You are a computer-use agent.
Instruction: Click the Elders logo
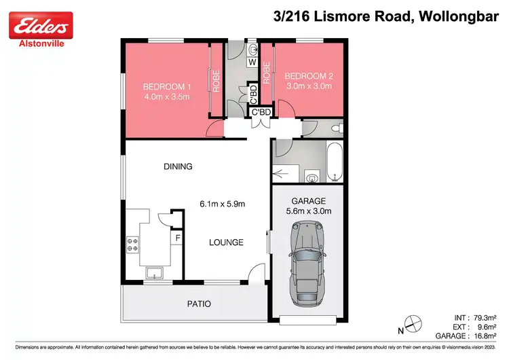[40, 26]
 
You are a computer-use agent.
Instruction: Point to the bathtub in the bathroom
[334, 162]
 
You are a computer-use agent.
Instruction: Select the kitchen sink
[155, 273]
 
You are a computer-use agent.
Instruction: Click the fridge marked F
[178, 238]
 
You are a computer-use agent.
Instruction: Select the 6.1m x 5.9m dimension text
[221, 204]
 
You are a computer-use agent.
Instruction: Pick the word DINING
[178, 166]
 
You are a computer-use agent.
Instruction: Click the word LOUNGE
[226, 241]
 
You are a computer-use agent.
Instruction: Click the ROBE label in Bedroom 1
[216, 82]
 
